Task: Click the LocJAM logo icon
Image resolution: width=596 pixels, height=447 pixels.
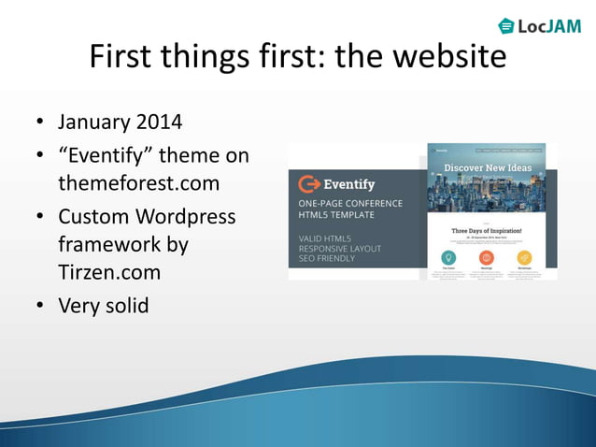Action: pyautogui.click(x=506, y=25)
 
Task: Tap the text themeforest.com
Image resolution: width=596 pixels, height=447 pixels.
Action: pyautogui.click(x=139, y=184)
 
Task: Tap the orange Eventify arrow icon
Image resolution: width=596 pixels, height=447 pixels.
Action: pyautogui.click(x=307, y=183)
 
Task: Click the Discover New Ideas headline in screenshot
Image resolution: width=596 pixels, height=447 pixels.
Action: pyautogui.click(x=486, y=168)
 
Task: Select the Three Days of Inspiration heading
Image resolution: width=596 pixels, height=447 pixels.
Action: pyautogui.click(x=486, y=229)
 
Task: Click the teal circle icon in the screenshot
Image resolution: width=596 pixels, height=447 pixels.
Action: pyautogui.click(x=448, y=257)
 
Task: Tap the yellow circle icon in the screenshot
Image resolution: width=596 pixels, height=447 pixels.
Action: pyautogui.click(x=524, y=257)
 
